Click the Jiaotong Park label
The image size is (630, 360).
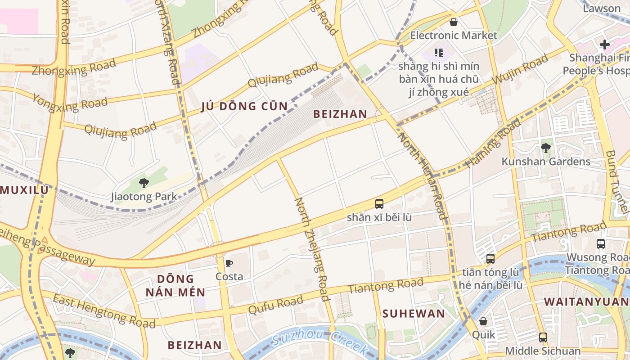click(x=144, y=197)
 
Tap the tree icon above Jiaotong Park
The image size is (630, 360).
click(x=144, y=183)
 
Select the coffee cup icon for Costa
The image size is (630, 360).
click(x=229, y=264)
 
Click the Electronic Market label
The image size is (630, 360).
click(x=454, y=35)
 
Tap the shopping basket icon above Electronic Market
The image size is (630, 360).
click(x=454, y=22)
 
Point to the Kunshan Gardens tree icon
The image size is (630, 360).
click(x=546, y=148)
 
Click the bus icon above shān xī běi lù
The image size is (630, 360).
click(x=379, y=203)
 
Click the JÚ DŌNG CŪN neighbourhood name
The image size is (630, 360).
click(x=244, y=106)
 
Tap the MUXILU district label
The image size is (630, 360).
click(x=24, y=190)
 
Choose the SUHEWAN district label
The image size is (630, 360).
click(x=414, y=314)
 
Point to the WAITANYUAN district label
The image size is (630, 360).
click(x=586, y=302)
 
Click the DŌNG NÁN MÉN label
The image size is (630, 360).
click(x=175, y=285)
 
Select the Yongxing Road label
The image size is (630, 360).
click(x=70, y=103)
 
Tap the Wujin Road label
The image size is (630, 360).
click(x=520, y=69)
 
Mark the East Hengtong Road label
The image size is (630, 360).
click(x=104, y=310)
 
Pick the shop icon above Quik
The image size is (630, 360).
click(x=483, y=321)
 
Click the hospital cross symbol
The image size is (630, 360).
click(x=605, y=45)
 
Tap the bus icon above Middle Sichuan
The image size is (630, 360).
click(x=543, y=337)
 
